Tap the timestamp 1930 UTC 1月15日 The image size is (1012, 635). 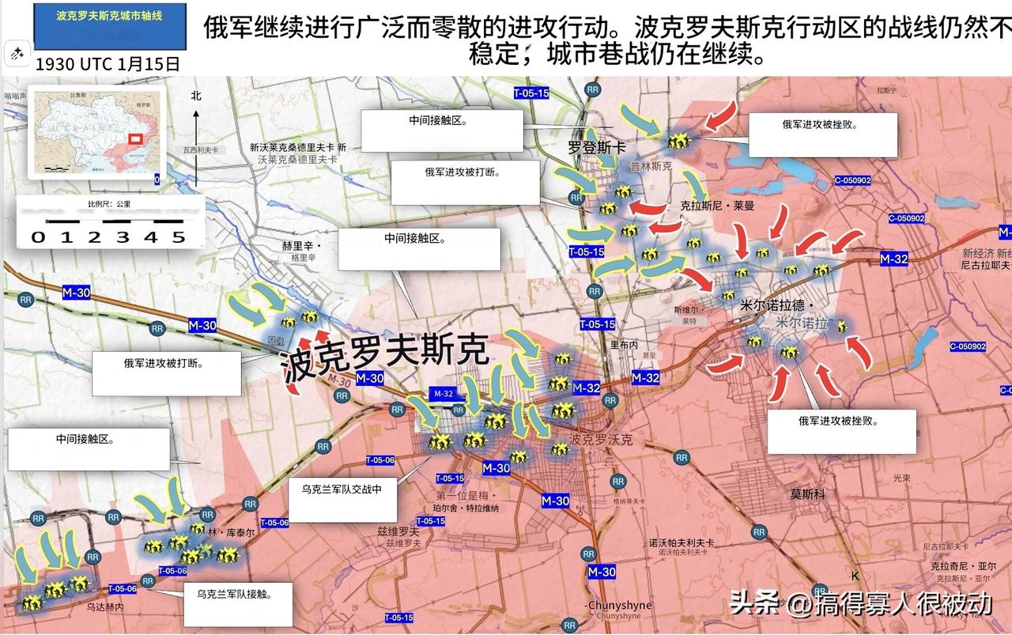tap(108, 63)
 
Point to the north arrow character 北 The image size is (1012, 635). tap(196, 96)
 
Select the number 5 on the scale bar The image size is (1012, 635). tap(179, 237)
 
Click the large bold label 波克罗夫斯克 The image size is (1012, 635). tap(387, 357)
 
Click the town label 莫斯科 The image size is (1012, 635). tap(807, 493)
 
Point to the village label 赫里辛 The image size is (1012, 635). tap(298, 245)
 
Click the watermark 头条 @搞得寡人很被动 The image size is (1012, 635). tap(860, 604)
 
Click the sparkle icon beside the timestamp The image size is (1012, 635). tap(17, 54)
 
